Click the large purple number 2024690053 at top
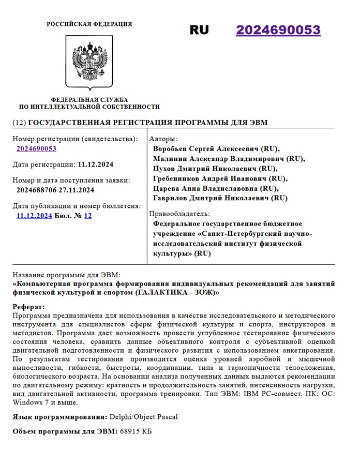pos(278,30)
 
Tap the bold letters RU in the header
pos(199,30)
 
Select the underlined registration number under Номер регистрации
pos(36,149)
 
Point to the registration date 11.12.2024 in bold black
pos(96,164)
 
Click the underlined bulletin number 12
pos(88,216)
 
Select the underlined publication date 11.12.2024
pos(34,216)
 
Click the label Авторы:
pos(162,139)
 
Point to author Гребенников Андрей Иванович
pos(212,178)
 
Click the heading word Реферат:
pos(29,307)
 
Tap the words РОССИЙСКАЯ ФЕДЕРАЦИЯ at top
pos(89,24)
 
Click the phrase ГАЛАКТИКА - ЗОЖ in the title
pos(176,293)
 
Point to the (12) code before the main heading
pos(18,123)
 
